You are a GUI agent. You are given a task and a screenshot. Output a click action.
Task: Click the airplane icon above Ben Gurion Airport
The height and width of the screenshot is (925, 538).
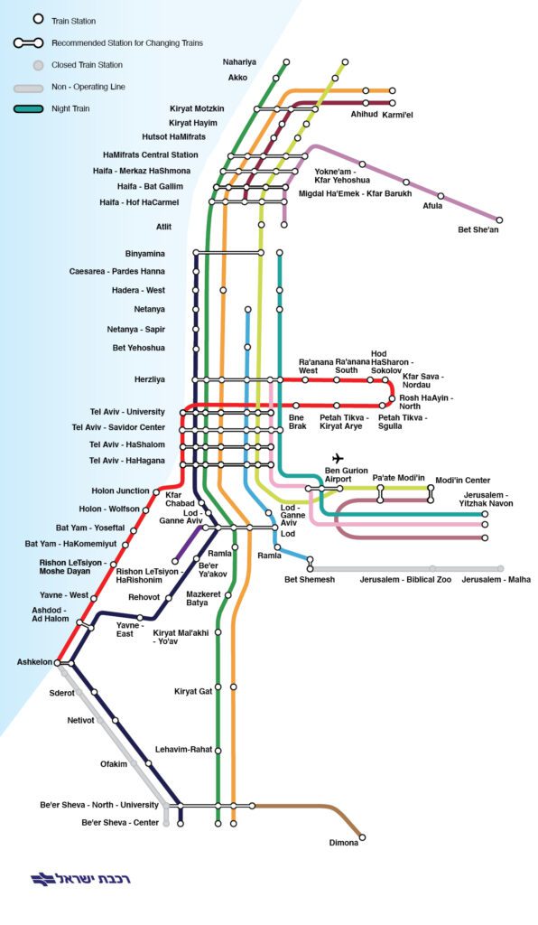tap(338, 458)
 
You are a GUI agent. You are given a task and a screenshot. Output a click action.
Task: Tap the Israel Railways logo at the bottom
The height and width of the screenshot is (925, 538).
tap(80, 878)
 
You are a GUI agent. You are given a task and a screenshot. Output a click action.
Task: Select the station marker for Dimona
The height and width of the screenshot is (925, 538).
tap(362, 836)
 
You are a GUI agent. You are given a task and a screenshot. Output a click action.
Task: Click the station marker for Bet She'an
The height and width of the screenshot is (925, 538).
tap(500, 220)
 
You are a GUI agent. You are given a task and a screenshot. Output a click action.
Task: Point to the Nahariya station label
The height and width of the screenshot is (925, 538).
tap(239, 62)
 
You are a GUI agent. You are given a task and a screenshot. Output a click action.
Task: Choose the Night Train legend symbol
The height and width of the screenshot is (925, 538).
tap(29, 108)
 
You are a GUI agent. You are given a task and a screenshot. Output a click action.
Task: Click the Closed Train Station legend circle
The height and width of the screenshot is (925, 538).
tap(38, 65)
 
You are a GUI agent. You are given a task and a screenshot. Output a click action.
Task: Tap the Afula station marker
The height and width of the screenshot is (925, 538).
tap(441, 196)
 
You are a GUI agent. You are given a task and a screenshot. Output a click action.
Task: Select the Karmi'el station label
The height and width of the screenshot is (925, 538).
tap(398, 115)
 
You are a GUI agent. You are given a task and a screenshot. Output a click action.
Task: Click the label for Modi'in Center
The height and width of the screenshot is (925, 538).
tap(462, 481)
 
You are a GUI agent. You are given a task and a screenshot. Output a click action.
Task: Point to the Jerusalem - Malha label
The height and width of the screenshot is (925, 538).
tap(496, 579)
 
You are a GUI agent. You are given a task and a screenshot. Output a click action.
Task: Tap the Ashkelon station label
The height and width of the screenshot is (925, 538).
tap(35, 662)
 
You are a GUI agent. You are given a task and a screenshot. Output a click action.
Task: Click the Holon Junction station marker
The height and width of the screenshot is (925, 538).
tap(156, 491)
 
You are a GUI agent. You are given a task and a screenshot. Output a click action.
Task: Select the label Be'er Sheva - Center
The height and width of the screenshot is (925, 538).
tap(120, 822)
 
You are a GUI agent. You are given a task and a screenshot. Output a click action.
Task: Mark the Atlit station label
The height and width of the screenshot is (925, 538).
tap(163, 227)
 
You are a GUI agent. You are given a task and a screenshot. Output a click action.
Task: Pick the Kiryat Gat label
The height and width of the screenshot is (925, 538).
tap(193, 691)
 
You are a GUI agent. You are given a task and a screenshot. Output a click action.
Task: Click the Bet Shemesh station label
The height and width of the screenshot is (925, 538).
tap(310, 579)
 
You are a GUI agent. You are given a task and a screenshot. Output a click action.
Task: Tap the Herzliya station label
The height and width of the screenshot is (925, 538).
tap(150, 379)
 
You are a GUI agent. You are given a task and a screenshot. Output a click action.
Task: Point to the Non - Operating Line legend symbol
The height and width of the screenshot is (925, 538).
tap(29, 89)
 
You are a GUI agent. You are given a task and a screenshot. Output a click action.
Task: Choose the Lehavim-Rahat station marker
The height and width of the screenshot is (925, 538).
tap(218, 751)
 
